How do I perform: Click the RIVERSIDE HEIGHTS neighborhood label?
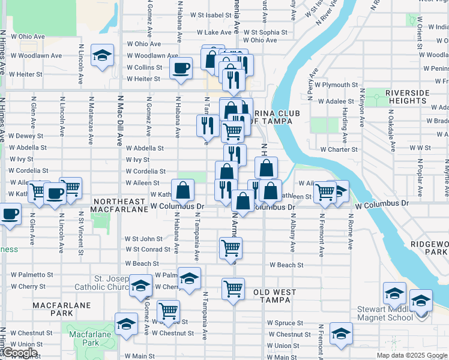[408, 97]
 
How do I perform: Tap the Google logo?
[20, 353]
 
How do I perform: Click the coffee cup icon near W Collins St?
[180, 68]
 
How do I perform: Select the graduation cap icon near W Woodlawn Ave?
[103, 56]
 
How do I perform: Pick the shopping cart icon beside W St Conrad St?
[231, 247]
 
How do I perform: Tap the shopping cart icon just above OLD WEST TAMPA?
[233, 289]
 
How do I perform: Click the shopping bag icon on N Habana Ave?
[182, 191]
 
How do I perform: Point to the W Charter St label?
[339, 149]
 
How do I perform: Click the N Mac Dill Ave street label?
[119, 120]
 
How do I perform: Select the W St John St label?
[143, 239]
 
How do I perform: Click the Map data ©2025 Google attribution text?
[411, 355]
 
